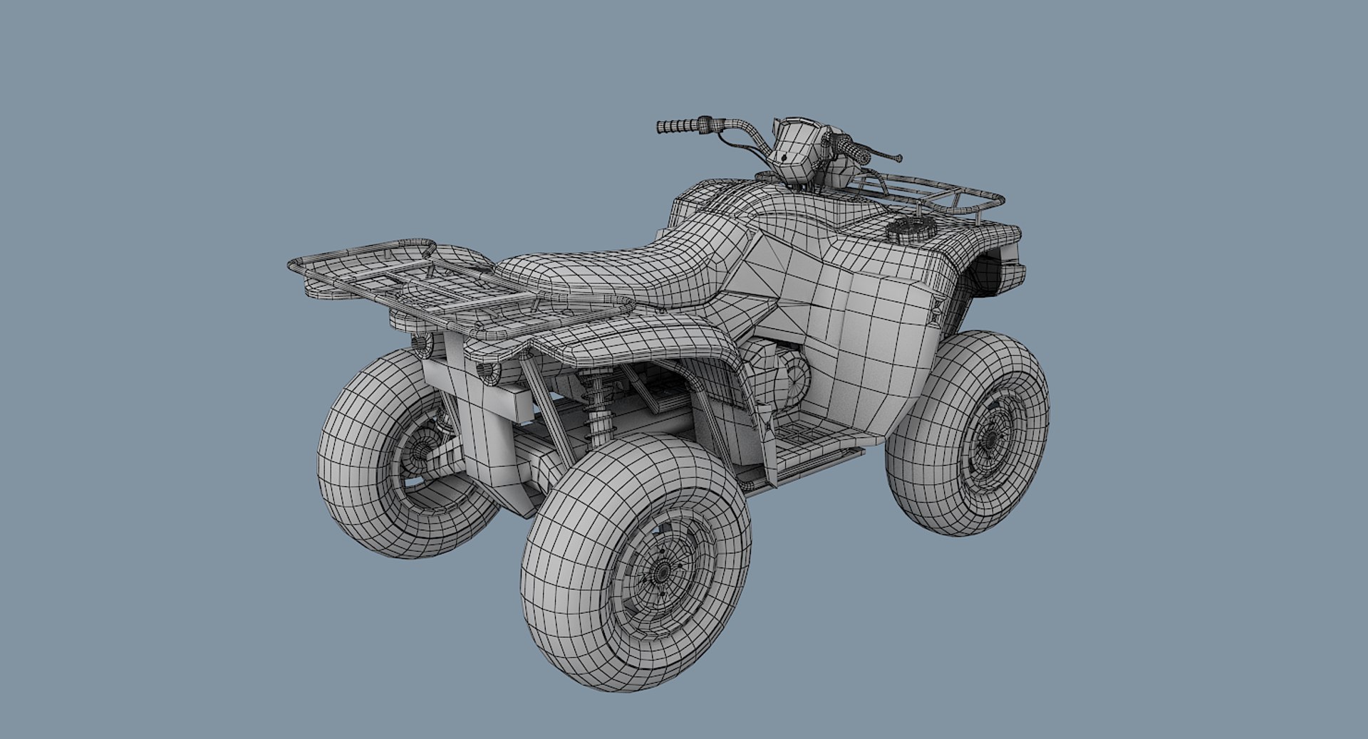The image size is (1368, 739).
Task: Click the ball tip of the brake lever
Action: pyautogui.click(x=899, y=159)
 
